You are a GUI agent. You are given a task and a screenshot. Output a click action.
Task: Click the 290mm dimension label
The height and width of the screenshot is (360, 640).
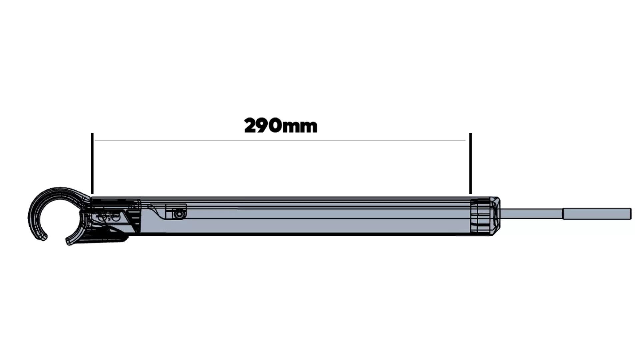tap(281, 126)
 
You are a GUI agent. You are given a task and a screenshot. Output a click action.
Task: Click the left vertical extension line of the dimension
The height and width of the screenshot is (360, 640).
tap(92, 163)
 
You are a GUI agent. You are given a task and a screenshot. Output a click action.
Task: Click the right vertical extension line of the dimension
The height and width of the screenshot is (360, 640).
tap(471, 163)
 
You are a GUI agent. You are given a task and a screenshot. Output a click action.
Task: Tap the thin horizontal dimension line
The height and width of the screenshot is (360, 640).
tap(280, 141)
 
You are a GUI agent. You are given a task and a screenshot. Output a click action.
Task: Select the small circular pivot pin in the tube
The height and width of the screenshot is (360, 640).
tap(180, 214)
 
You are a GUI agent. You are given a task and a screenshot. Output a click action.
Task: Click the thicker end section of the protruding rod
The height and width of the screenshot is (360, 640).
tap(597, 214)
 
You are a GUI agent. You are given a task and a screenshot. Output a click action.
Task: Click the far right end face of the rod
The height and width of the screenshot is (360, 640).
tap(630, 214)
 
